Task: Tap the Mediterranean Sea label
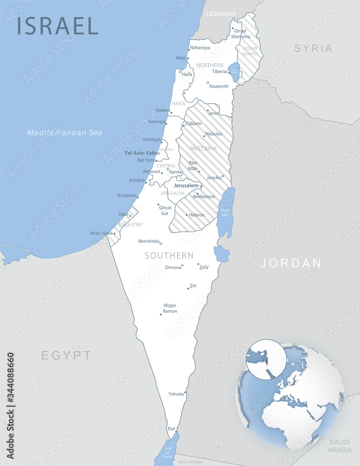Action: [x=64, y=132]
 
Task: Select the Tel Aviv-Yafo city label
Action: [x=141, y=153]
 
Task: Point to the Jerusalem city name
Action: [x=186, y=185]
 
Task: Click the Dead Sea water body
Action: [x=226, y=212]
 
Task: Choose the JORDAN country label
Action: [x=291, y=263]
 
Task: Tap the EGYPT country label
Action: [x=67, y=356]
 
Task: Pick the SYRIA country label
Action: [x=313, y=48]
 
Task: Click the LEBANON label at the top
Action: [x=221, y=14]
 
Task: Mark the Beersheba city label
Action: [x=149, y=241]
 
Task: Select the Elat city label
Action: [x=172, y=428]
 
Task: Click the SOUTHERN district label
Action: [x=169, y=255]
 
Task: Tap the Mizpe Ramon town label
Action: [x=170, y=308]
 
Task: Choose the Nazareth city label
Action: [x=219, y=86]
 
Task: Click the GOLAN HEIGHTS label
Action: [x=250, y=51]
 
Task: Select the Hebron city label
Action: [x=197, y=215]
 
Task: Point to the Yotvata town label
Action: [x=176, y=394]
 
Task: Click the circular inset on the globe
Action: [x=266, y=359]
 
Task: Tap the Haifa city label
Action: [x=187, y=75]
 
